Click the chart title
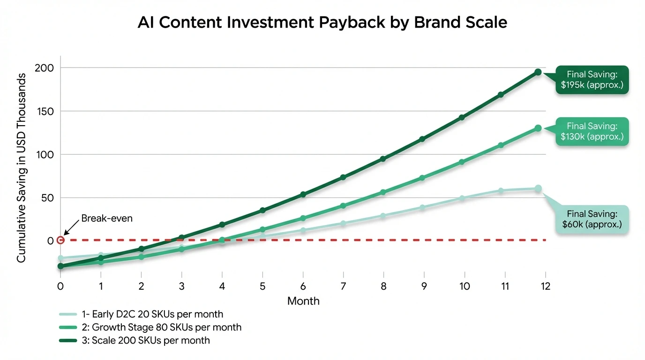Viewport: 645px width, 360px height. pyautogui.click(x=322, y=22)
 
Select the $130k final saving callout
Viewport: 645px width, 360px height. pyautogui.click(x=592, y=131)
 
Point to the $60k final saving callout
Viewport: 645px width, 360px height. pyautogui.click(x=592, y=219)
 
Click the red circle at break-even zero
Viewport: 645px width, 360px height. pyautogui.click(x=60, y=240)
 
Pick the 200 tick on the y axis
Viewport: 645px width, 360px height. pyautogui.click(x=45, y=68)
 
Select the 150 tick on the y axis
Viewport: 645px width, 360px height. pyautogui.click(x=45, y=111)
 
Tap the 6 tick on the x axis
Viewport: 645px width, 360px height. pyautogui.click(x=303, y=286)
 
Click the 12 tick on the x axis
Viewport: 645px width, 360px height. pyautogui.click(x=545, y=286)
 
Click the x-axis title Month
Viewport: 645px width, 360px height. pyautogui.click(x=303, y=301)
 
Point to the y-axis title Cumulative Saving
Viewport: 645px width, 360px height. pyautogui.click(x=22, y=167)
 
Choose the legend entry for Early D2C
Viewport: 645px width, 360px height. pyautogui.click(x=141, y=314)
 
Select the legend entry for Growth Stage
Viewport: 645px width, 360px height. pyautogui.click(x=150, y=327)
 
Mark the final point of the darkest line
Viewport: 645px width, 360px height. pyautogui.click(x=538, y=72)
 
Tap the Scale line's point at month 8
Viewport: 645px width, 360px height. pyautogui.click(x=383, y=159)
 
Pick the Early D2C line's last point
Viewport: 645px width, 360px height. pyautogui.click(x=538, y=188)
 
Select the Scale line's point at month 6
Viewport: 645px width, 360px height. pyautogui.click(x=303, y=194)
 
